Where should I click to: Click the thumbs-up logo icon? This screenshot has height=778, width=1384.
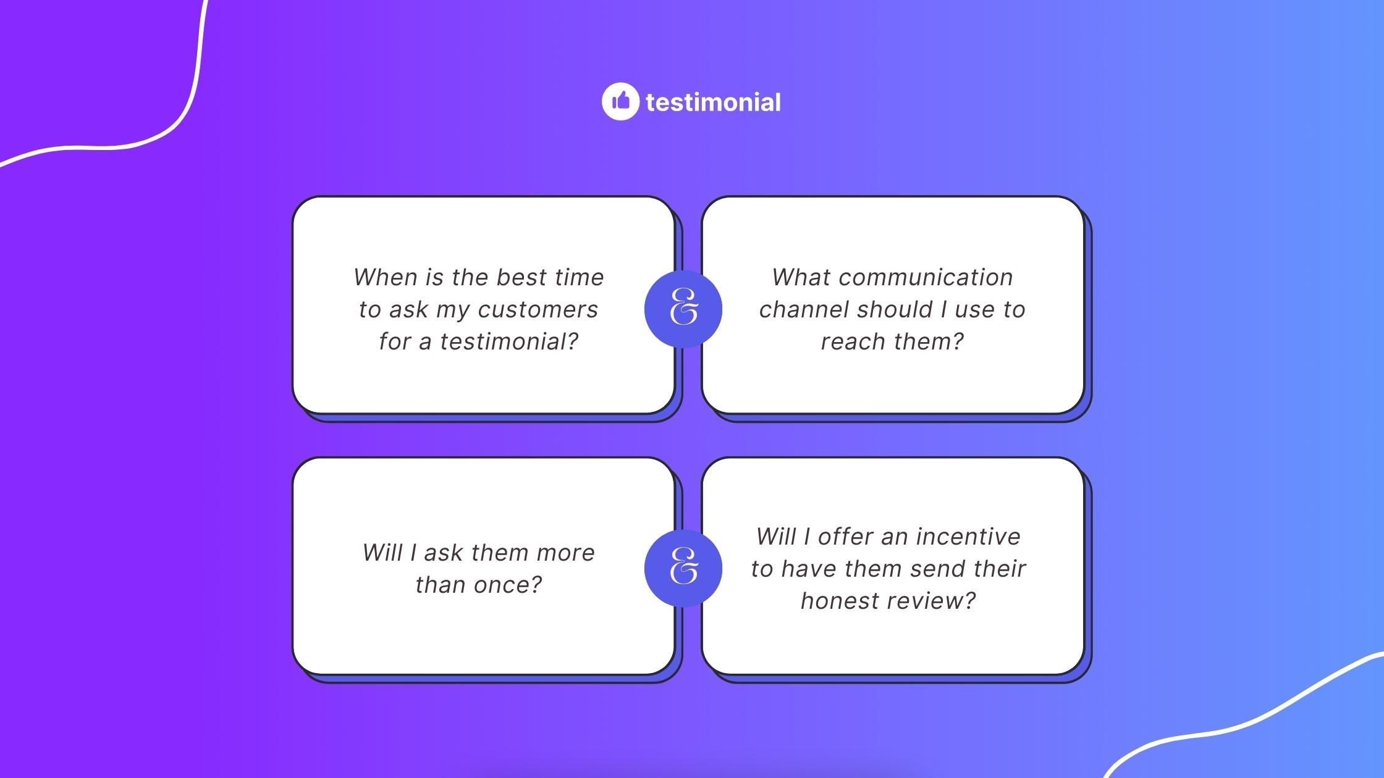(x=620, y=101)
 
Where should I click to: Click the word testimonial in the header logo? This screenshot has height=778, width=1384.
(x=713, y=102)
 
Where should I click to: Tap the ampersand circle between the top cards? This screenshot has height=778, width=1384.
(x=683, y=309)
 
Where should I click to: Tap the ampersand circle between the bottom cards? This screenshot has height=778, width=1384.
(x=683, y=568)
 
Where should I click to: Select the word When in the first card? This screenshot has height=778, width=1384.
(x=386, y=277)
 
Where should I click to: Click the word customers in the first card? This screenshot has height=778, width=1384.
(x=538, y=309)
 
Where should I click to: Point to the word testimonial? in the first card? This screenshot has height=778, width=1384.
(x=509, y=341)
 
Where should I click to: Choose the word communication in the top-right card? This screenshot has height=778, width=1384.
(x=926, y=277)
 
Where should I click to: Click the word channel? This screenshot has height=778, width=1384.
(x=802, y=309)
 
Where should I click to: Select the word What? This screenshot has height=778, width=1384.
(x=801, y=277)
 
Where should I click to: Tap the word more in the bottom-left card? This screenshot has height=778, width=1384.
(x=565, y=553)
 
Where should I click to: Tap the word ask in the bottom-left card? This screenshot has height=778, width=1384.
(x=444, y=553)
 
